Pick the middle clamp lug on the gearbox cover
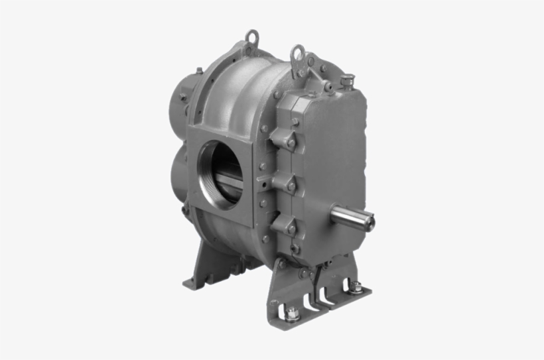pyautogui.click(x=288, y=185)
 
